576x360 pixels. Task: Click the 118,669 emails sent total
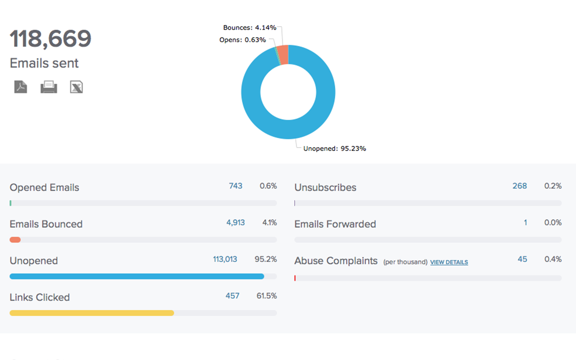click(50, 39)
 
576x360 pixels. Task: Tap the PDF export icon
click(20, 87)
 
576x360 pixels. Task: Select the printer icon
click(49, 87)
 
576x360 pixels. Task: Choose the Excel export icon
click(76, 87)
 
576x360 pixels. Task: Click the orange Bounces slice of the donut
click(283, 54)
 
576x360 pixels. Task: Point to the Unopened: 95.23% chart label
click(334, 148)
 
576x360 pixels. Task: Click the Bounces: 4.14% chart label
click(250, 28)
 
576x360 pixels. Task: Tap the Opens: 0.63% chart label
click(243, 40)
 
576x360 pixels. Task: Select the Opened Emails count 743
click(235, 186)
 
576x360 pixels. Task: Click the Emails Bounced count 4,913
click(235, 222)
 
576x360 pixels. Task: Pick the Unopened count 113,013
click(225, 259)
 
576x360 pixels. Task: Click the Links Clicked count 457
click(232, 296)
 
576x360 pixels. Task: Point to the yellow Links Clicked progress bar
click(92, 313)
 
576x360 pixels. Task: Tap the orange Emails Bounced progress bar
click(15, 240)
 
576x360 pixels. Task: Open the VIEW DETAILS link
click(449, 262)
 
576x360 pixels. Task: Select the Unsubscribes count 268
click(519, 186)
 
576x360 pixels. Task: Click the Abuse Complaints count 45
click(522, 259)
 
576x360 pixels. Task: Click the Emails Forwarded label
click(335, 224)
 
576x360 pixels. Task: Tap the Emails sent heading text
click(44, 63)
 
